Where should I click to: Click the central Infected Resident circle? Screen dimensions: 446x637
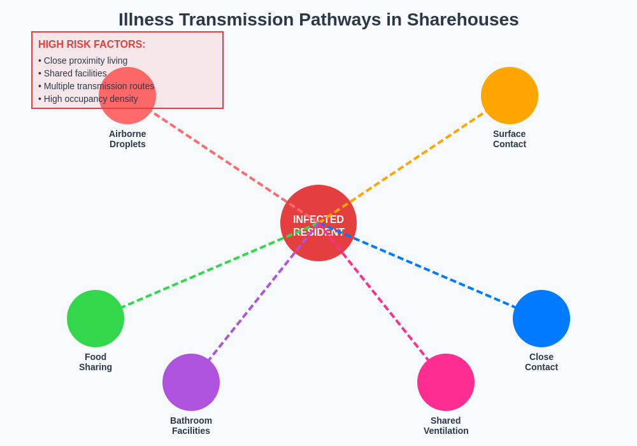[318, 223]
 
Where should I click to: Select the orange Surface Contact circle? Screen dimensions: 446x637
[510, 96]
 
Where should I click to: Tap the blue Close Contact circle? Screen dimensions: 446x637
[541, 319]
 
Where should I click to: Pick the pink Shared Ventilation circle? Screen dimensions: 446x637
[446, 382]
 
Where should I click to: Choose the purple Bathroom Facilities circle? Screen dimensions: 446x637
[191, 382]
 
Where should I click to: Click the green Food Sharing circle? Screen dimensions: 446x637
[96, 319]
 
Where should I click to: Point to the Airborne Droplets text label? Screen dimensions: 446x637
[127, 139]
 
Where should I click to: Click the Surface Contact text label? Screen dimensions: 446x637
[510, 139]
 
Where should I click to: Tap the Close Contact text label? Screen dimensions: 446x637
[541, 362]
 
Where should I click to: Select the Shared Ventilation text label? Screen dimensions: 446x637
[446, 426]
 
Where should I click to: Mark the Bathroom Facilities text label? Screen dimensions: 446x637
[191, 426]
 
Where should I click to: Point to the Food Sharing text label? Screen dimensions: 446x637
[96, 362]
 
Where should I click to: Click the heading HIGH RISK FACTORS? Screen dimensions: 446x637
[92, 45]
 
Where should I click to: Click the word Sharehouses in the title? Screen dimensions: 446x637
[462, 20]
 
